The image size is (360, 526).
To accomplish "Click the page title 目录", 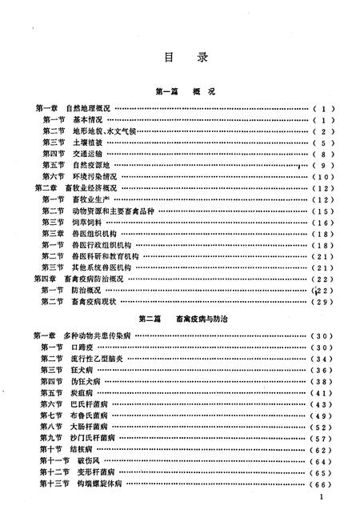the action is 179,57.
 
